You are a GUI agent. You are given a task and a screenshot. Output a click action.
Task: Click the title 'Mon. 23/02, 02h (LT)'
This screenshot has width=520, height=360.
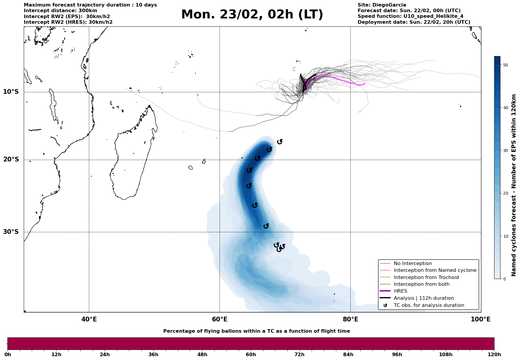tap(252, 15)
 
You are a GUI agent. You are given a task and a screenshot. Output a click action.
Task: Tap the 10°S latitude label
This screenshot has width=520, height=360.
tap(11, 92)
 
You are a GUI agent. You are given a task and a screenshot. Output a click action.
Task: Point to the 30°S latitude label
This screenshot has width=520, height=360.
tap(11, 232)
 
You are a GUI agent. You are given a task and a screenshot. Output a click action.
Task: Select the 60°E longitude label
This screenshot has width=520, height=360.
tap(220, 320)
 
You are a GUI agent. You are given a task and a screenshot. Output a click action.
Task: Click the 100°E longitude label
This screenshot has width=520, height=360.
tap(481, 320)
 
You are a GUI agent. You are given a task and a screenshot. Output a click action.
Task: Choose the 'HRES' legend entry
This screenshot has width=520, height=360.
tap(400, 291)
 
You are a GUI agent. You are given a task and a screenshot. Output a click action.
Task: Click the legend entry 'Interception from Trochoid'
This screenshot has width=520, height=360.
tap(426, 277)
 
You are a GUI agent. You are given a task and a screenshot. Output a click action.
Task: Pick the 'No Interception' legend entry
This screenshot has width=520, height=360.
tap(413, 264)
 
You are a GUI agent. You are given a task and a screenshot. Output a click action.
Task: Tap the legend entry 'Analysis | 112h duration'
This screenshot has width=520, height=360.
tap(424, 298)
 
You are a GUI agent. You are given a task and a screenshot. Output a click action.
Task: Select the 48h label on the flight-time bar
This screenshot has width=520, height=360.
tap(202, 355)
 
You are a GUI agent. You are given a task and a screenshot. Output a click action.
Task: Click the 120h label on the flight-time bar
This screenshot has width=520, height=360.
tap(494, 355)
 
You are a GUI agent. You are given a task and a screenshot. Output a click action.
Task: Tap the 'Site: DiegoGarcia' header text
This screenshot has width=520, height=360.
tap(382, 5)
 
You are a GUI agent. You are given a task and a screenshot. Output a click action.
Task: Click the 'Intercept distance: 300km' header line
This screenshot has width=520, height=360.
tap(60, 11)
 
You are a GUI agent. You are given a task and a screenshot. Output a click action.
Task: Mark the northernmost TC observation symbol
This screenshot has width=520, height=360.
tap(280, 142)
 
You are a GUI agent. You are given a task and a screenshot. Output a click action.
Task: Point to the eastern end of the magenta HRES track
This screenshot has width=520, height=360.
tap(364, 83)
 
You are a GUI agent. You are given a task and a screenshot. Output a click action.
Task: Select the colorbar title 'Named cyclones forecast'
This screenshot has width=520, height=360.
tap(514, 185)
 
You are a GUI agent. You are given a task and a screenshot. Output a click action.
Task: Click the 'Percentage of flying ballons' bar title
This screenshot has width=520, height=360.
tap(256, 331)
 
